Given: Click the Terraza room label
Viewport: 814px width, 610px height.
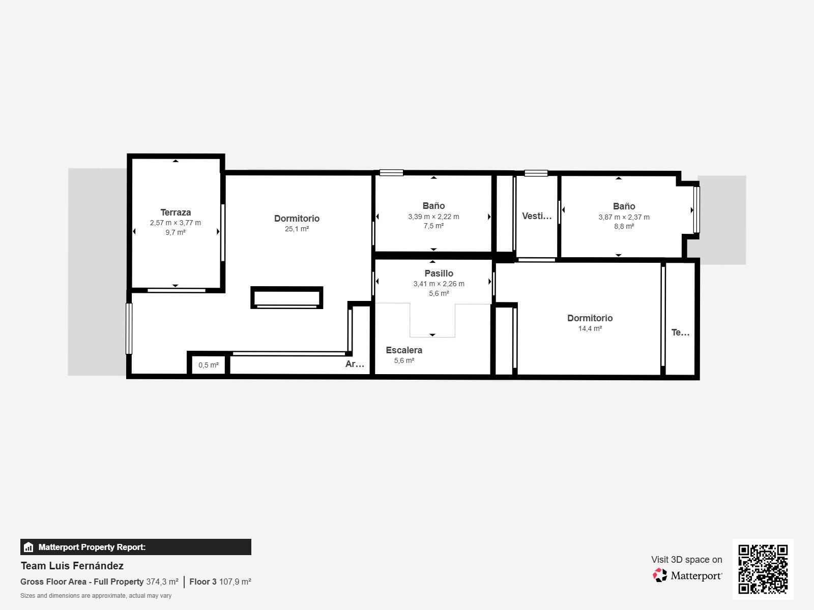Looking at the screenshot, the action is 176,212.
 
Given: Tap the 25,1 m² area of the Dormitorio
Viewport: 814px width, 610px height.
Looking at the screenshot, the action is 297,229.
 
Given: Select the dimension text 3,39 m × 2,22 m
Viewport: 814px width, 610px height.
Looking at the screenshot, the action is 433,217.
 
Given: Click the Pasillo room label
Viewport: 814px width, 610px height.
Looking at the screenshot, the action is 439,273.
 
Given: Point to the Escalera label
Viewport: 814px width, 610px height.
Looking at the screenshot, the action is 404,350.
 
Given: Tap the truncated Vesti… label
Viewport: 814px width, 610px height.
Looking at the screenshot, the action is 537,216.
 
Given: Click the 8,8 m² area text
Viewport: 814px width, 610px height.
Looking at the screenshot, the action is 624,226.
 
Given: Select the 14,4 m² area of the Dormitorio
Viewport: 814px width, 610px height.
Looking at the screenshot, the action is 590,328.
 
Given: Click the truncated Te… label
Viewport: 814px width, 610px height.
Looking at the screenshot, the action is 680,332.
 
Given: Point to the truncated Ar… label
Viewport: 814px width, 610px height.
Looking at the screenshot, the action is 355,364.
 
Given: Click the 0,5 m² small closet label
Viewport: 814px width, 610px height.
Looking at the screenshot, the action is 209,365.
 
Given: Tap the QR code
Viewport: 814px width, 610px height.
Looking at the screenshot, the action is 763,569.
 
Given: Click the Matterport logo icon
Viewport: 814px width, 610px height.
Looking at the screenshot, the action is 660,575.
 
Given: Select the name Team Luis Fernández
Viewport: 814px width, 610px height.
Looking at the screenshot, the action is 72,566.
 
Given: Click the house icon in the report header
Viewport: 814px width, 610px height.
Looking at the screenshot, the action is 28,547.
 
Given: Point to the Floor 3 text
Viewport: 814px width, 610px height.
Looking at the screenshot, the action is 203,582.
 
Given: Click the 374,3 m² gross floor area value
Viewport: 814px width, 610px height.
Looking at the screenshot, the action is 162,582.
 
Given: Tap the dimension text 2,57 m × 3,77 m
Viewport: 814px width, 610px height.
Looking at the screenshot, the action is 176,223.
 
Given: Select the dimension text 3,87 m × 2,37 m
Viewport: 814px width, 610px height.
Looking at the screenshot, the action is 624,218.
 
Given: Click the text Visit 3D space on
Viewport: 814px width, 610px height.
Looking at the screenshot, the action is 686,560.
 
